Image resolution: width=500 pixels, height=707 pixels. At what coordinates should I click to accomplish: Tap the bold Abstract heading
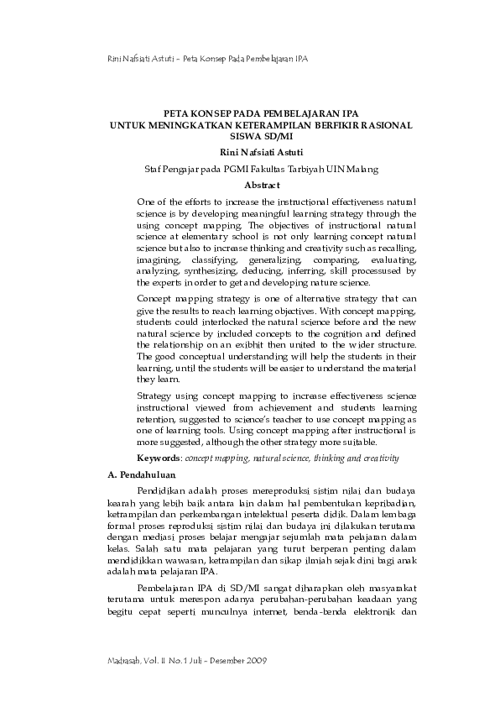click(x=262, y=185)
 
